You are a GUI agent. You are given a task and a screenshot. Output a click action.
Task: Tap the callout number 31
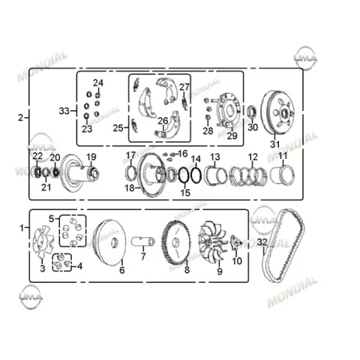coord(274,144)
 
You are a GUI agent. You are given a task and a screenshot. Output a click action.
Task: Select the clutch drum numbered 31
coord(277,112)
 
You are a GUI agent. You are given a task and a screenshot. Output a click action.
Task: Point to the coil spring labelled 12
coord(248,175)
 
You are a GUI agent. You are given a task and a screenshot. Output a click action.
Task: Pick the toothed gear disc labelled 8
coord(176,243)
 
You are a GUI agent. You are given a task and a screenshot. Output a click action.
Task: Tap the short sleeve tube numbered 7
coord(143,241)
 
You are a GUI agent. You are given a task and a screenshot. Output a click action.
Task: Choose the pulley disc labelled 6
coord(110,242)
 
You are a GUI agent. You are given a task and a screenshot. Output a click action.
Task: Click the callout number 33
coord(64,111)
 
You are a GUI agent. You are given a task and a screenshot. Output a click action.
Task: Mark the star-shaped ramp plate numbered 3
coord(43,242)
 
